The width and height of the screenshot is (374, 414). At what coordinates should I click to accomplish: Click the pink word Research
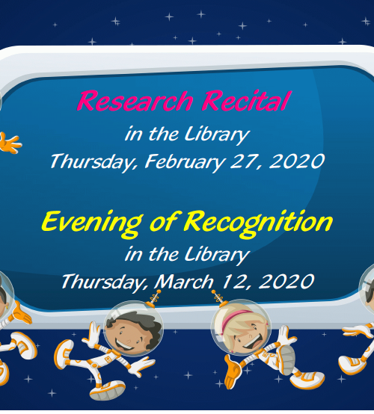click(135, 101)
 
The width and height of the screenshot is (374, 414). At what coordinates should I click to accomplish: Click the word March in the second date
click(184, 281)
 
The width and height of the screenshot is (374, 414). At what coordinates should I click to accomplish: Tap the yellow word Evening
click(92, 222)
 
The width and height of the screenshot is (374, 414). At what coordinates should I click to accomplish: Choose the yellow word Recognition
click(258, 222)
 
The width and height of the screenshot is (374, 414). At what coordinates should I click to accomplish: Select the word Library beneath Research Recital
click(217, 135)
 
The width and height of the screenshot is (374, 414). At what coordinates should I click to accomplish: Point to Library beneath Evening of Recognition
click(217, 255)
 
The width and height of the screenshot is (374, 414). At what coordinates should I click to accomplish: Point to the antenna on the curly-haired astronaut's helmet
click(156, 298)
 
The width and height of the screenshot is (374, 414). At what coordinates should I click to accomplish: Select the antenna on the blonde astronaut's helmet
click(218, 297)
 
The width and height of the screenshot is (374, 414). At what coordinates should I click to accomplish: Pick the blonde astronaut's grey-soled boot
click(286, 359)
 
